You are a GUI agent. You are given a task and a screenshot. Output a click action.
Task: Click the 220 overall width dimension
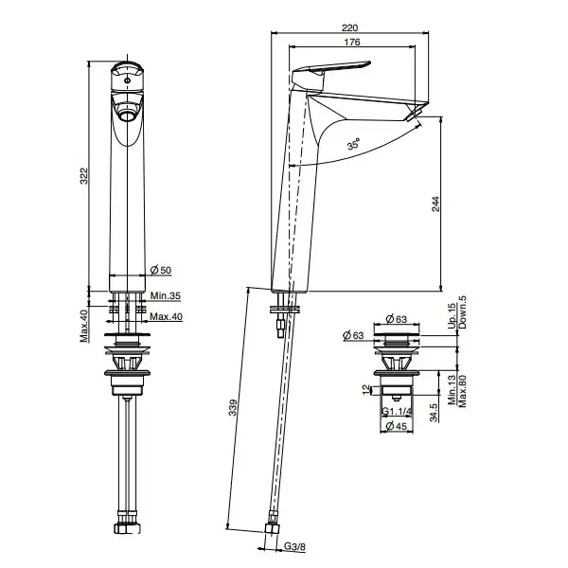coord(349,27)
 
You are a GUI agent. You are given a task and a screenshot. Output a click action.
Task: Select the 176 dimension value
coord(352,42)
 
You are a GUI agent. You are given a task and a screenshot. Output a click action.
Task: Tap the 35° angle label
coord(354,144)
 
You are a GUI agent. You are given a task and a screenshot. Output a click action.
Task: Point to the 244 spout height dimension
coord(435,204)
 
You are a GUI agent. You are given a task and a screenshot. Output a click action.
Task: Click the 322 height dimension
coord(84,176)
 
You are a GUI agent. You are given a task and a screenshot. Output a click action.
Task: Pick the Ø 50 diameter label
coord(161,270)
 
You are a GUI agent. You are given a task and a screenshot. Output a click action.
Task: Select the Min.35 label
coord(165,295)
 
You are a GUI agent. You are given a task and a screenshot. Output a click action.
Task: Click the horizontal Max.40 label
coord(166,316)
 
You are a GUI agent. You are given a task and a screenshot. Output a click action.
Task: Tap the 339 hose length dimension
coord(233,407)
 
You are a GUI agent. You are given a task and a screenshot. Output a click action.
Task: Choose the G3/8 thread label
coord(294,546)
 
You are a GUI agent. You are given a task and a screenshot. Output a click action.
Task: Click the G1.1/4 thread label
coord(397,412)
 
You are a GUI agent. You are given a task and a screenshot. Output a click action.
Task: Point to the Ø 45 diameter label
coord(397,426)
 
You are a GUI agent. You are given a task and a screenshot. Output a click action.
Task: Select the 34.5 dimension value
coord(434,413)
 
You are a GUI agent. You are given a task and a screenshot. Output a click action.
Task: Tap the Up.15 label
coord(453,316)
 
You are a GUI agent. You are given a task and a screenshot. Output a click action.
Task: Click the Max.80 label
coord(463,391)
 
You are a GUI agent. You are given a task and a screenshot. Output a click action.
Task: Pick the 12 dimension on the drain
coord(367,389)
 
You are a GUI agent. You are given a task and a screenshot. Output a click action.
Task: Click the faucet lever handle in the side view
coord(331,71)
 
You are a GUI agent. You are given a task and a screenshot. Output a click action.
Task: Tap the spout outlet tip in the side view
coord(415,114)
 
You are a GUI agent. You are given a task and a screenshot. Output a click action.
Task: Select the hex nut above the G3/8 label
coord(272,528)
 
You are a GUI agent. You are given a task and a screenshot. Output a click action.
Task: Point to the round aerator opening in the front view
coord(127,116)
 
